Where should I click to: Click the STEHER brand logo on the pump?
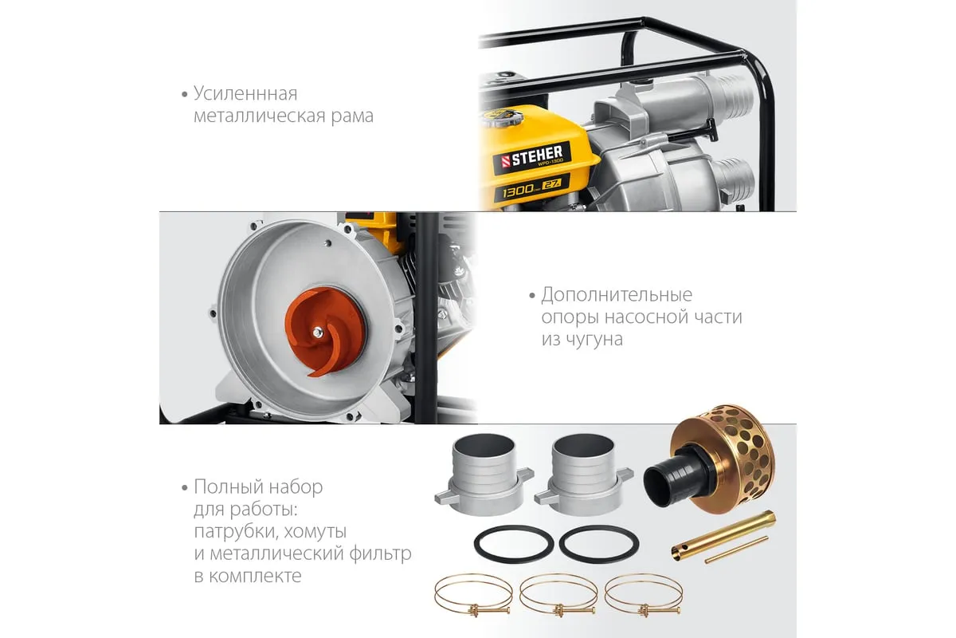(x=532, y=158)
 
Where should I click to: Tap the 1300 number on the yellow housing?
(x=518, y=191)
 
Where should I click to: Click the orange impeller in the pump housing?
(x=325, y=332)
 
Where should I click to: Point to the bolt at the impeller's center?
(x=317, y=333)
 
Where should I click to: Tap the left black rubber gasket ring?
(x=514, y=544)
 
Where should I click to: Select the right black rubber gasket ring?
(x=599, y=544)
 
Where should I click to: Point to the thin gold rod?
(x=737, y=550)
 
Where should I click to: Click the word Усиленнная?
(x=245, y=94)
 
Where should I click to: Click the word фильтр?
(x=380, y=554)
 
